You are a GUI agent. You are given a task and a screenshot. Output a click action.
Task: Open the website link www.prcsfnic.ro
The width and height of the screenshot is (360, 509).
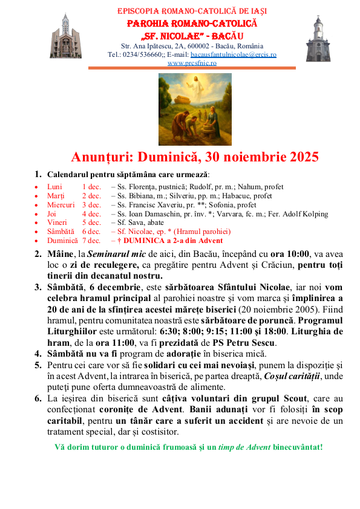pyautogui.click(x=192, y=62)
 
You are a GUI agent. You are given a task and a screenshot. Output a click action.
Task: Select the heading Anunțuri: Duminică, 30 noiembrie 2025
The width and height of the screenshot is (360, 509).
pyautogui.click(x=195, y=157)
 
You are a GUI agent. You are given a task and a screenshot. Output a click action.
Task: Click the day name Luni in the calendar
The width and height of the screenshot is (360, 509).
pyautogui.click(x=54, y=187)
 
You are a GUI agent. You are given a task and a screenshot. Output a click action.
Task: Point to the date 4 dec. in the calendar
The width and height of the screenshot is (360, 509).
pyautogui.click(x=91, y=214)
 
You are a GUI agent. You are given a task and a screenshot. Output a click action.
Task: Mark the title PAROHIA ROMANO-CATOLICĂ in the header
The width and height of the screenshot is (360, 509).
pyautogui.click(x=192, y=23)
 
